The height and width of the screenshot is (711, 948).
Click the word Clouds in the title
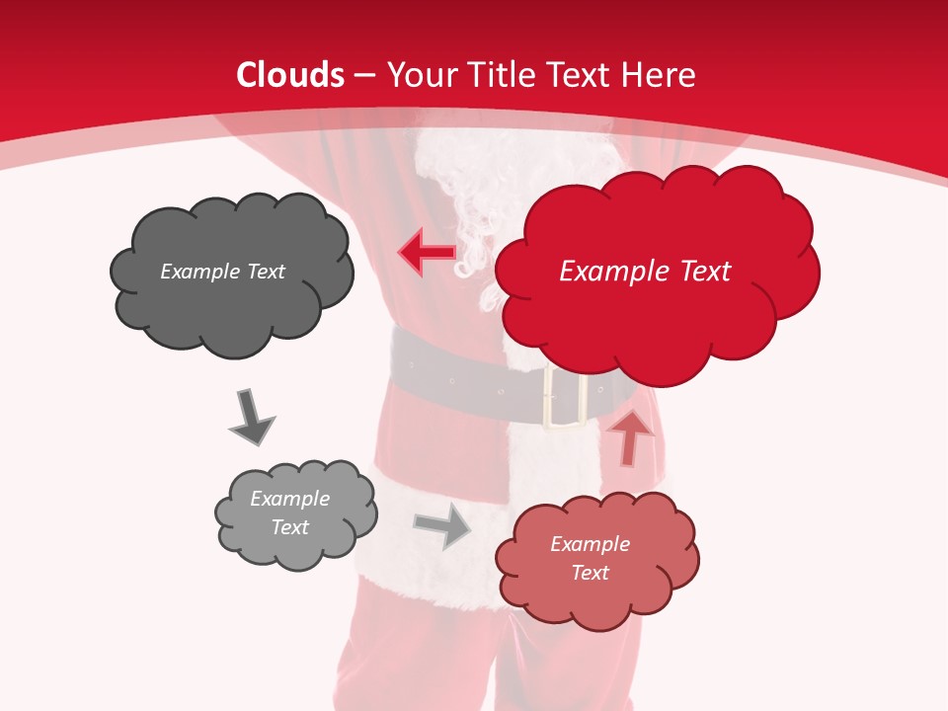(x=290, y=75)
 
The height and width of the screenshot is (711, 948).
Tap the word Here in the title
(x=661, y=75)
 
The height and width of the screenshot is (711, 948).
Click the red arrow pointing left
(x=427, y=252)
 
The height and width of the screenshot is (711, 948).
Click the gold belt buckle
(x=565, y=400)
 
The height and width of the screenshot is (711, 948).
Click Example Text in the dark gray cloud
(x=222, y=272)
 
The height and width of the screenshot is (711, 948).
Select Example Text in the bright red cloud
(x=645, y=272)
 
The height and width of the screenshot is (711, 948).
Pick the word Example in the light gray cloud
(x=289, y=499)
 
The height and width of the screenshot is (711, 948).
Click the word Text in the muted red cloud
(x=590, y=573)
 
